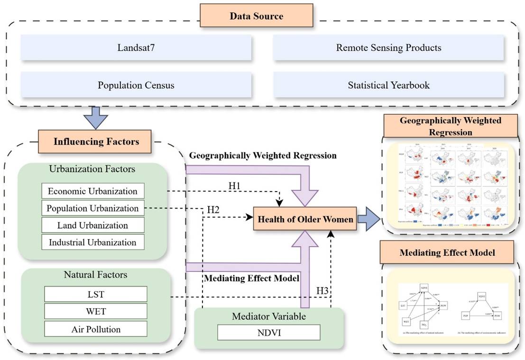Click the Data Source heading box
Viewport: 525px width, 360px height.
[x=257, y=16]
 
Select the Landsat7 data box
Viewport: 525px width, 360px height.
[x=136, y=47]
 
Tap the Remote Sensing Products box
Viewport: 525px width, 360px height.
[x=388, y=47]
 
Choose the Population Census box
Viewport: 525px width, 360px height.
[x=136, y=85]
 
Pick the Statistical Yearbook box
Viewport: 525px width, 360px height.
[x=388, y=85]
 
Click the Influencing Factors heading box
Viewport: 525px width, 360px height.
[x=96, y=141]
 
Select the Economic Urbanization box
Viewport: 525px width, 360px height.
[x=92, y=191]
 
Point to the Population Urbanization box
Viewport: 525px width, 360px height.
[x=92, y=208]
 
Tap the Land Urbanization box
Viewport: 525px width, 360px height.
[x=92, y=225]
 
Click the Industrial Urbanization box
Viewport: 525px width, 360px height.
[x=92, y=242]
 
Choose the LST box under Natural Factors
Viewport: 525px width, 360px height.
[x=96, y=295]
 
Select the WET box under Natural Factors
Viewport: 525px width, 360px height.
[x=96, y=312]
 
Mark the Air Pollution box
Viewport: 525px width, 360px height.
[x=96, y=329]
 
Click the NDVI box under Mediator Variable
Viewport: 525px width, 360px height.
[x=269, y=332]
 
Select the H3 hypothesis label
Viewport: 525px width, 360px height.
[x=322, y=290]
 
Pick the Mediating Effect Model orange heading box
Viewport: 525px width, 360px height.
[x=447, y=253]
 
